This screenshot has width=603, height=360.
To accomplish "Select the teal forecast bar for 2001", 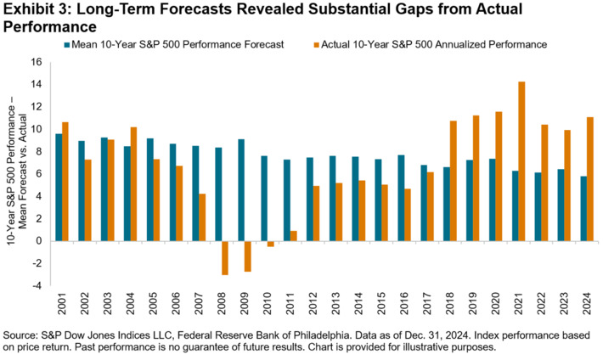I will (59, 187).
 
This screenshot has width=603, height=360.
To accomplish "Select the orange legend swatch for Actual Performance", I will (324, 42).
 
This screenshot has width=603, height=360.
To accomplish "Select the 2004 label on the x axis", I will (129, 301).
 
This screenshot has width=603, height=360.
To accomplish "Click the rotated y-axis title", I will (14, 174).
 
